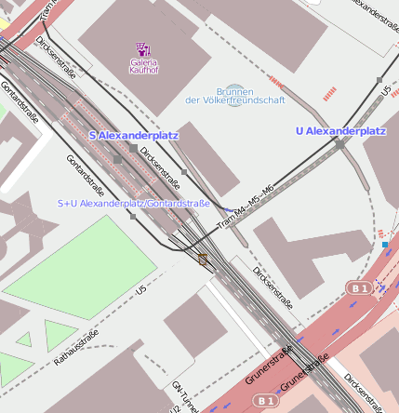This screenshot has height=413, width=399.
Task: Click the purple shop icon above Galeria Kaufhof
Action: tap(143, 48)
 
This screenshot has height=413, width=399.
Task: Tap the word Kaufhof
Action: tap(143, 70)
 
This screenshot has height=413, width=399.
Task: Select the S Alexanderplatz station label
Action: tap(134, 136)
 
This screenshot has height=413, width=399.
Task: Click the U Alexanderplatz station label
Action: tap(340, 131)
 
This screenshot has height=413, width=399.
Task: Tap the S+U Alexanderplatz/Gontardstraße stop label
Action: tap(133, 203)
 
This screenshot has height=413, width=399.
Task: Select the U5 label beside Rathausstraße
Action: tap(141, 291)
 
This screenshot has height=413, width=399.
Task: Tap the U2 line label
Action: tap(173, 408)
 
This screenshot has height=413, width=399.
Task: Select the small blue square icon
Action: tap(385, 245)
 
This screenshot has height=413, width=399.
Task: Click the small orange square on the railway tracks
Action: tap(202, 260)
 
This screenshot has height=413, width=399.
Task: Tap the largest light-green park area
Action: tap(85, 266)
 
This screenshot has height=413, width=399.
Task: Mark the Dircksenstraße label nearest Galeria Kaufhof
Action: tap(56, 55)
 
